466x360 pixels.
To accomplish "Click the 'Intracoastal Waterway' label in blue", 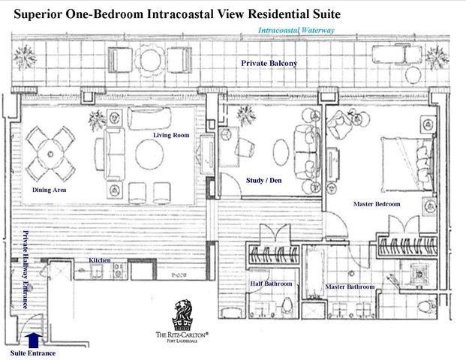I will pos(296,31).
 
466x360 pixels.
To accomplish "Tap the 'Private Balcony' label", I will pos(269,64).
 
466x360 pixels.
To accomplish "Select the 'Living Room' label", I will pos(171,135).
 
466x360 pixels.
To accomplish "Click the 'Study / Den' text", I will pos(263,180).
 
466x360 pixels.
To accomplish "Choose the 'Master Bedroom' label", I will pos(377,204).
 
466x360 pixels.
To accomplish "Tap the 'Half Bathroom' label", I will pos(271,283).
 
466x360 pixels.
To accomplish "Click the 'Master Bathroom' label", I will pos(350,286).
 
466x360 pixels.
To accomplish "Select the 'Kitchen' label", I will pos(100,260).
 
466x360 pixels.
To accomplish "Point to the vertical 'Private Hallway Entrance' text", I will pos(25,270).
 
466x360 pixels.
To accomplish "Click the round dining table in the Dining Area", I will pos(51,153).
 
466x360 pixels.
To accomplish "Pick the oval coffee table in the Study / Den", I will pos(280,152).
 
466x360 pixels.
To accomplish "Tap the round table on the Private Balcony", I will pos(148,58).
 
